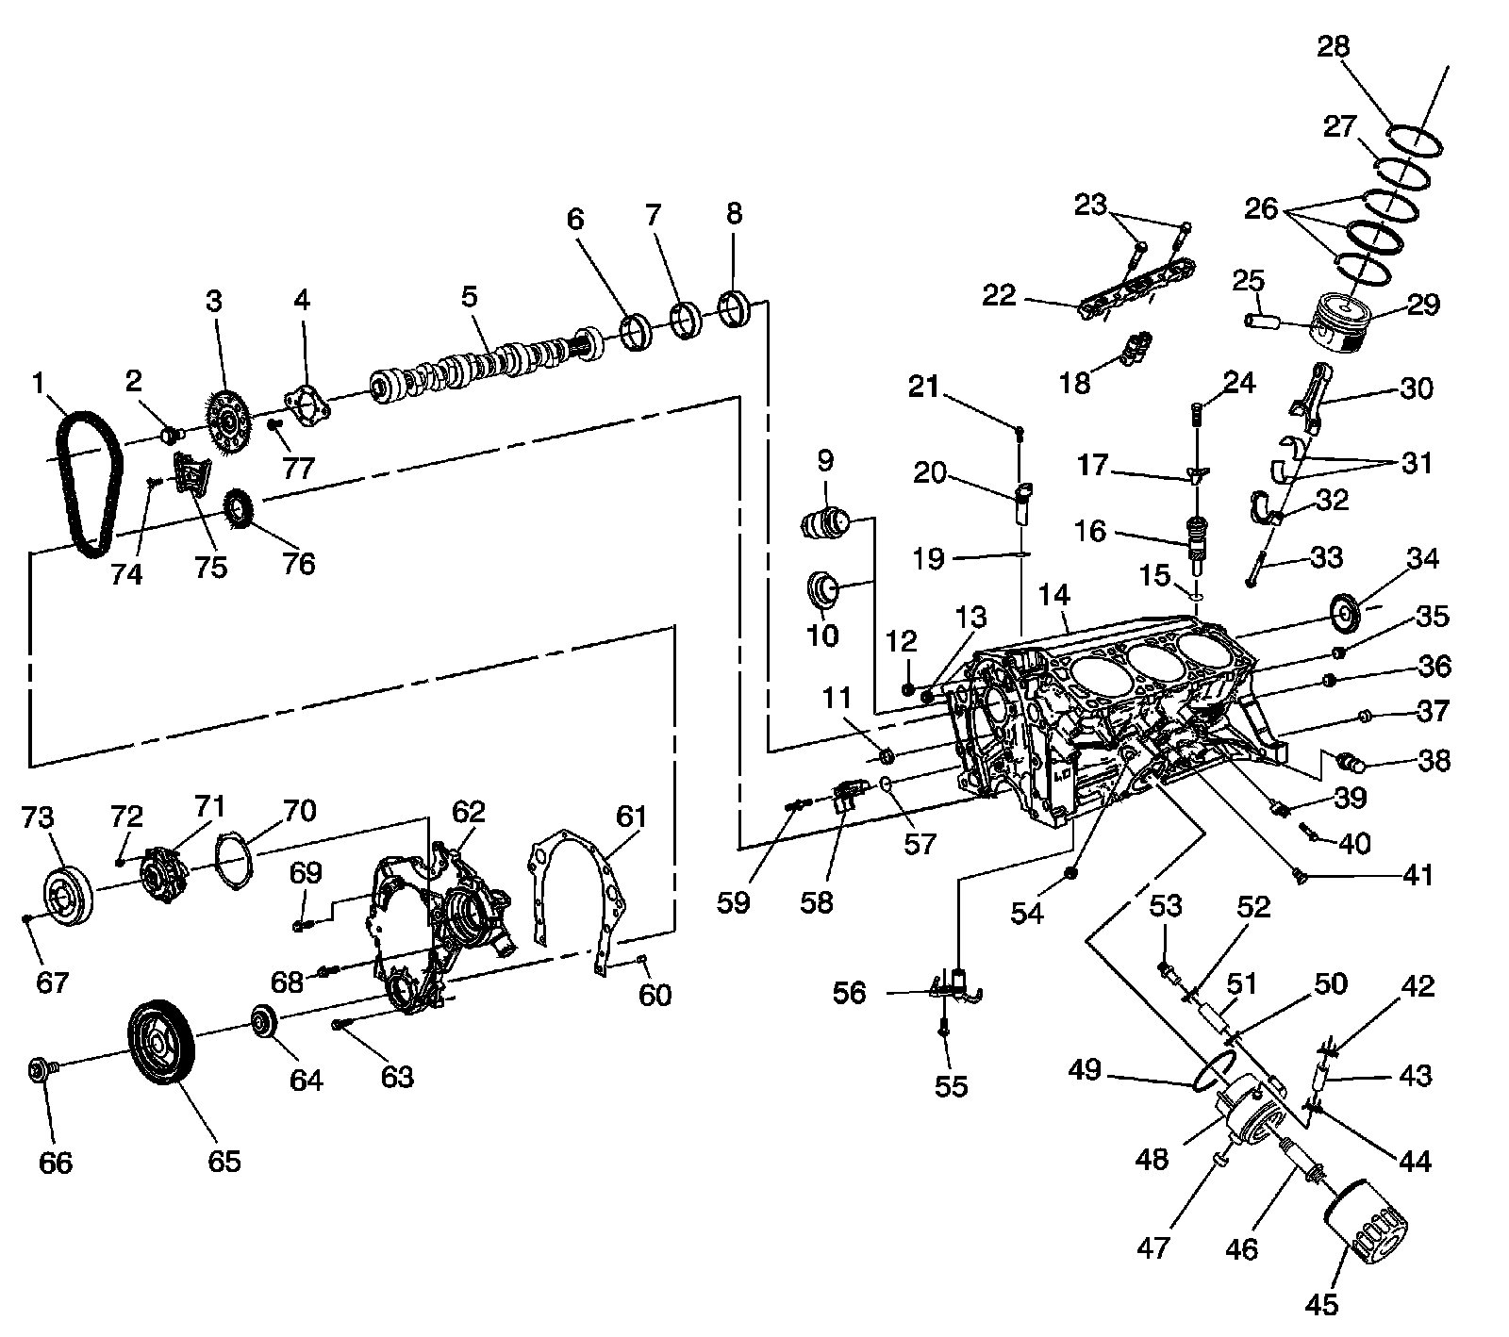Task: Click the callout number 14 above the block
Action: [1053, 595]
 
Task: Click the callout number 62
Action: [468, 811]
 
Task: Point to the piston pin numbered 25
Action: [1260, 321]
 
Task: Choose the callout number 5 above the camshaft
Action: [470, 295]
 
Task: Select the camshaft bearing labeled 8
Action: [735, 309]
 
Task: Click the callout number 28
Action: [1334, 46]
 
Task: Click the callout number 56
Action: [850, 993]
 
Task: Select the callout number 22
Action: [1000, 296]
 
